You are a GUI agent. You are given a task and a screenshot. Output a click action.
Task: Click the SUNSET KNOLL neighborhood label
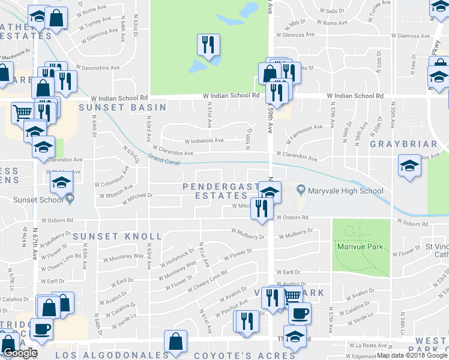point(118,236)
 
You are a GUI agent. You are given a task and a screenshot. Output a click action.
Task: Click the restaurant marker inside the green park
point(208,46)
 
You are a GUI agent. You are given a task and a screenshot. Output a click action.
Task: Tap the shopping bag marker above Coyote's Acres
point(175,343)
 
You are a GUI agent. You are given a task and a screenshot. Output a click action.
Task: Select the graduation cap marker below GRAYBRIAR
point(409,166)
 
